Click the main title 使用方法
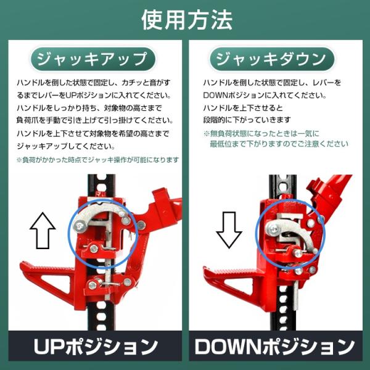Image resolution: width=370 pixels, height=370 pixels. pyautogui.click(x=187, y=20)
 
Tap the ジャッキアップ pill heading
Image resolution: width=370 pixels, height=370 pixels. pyautogui.click(x=92, y=59)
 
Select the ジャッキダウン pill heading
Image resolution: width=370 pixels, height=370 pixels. pyautogui.click(x=272, y=59)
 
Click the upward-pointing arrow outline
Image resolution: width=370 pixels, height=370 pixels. pyautogui.click(x=43, y=231)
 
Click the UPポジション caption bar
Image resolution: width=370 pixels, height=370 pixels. pyautogui.click(x=95, y=346)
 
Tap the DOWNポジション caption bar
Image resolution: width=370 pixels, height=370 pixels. pyautogui.click(x=276, y=346)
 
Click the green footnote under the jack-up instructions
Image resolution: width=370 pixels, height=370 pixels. pyautogui.click(x=97, y=160)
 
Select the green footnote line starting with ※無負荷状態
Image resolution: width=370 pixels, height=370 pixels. pyautogui.click(x=261, y=134)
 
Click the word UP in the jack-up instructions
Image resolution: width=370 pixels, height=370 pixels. pyautogui.click(x=70, y=96)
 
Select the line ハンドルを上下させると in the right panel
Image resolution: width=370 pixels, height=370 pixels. pyautogui.click(x=243, y=108)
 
